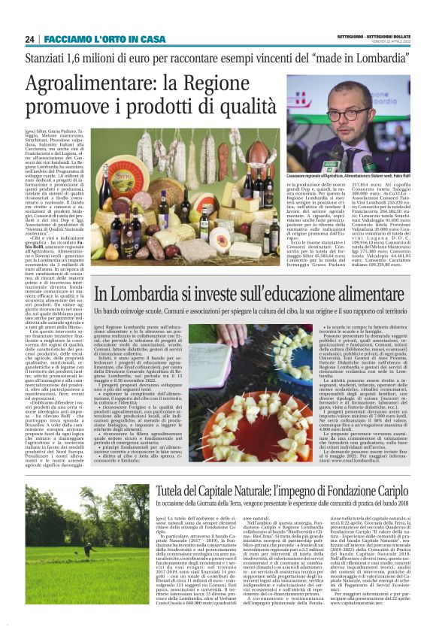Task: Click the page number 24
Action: [x=30, y=39]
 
